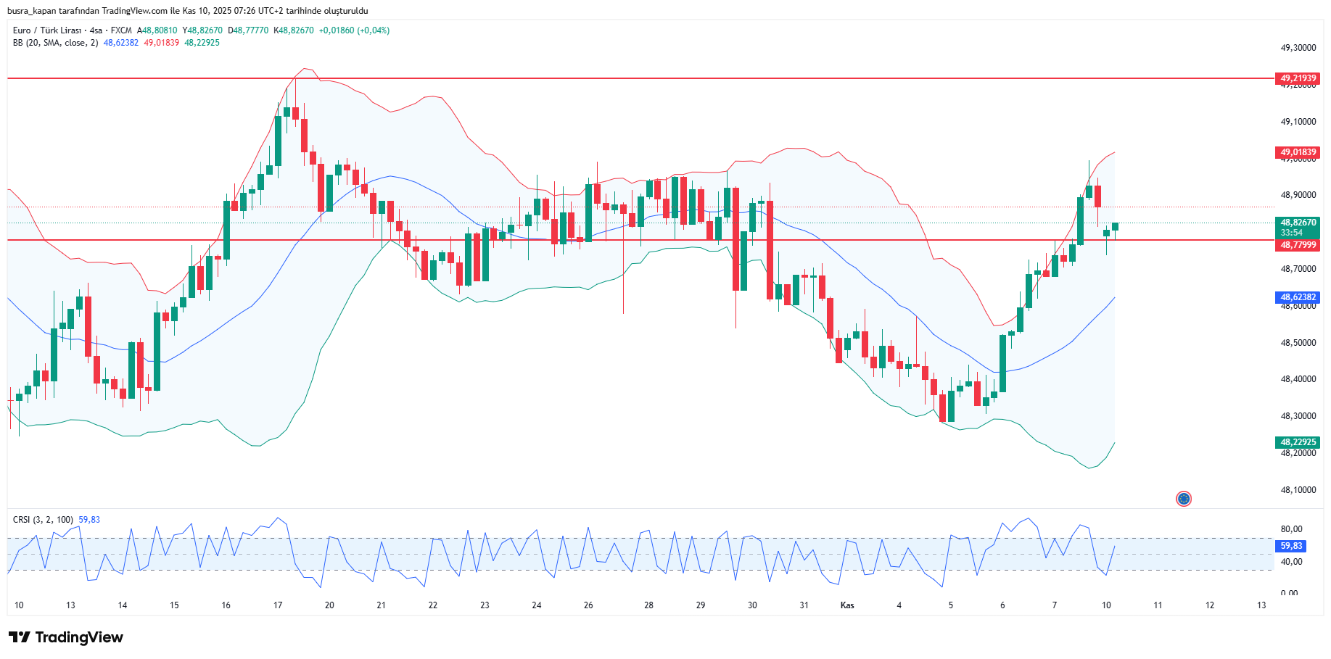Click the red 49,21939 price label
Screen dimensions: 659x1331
pyautogui.click(x=1298, y=78)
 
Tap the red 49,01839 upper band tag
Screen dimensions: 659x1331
pyautogui.click(x=1298, y=152)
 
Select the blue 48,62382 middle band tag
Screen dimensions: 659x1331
pyautogui.click(x=1298, y=297)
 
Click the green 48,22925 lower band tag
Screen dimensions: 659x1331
pyautogui.click(x=1298, y=442)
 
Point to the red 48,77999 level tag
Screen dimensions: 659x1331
pyautogui.click(x=1298, y=245)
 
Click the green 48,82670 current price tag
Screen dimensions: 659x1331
pyautogui.click(x=1298, y=223)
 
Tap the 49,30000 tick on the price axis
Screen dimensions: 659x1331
pyautogui.click(x=1298, y=48)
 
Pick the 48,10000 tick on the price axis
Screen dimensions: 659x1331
pyautogui.click(x=1298, y=490)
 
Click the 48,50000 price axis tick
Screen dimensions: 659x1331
pyautogui.click(x=1298, y=343)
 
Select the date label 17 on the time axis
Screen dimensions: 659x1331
pyautogui.click(x=278, y=605)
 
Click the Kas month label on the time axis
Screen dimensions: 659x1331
pyautogui.click(x=847, y=605)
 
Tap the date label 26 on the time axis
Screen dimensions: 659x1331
pyautogui.click(x=588, y=605)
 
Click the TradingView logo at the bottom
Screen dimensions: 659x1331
pyautogui.click(x=66, y=637)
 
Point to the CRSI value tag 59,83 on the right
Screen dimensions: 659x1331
pyautogui.click(x=1290, y=546)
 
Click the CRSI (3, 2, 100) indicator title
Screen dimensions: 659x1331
pyautogui.click(x=43, y=520)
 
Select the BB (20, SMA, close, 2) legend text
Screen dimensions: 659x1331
pyautogui.click(x=55, y=43)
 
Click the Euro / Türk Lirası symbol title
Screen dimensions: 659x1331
pyautogui.click(x=47, y=30)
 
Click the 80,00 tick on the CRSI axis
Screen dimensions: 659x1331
pyautogui.click(x=1291, y=529)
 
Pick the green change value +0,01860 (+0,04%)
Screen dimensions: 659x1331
pyautogui.click(x=354, y=30)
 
